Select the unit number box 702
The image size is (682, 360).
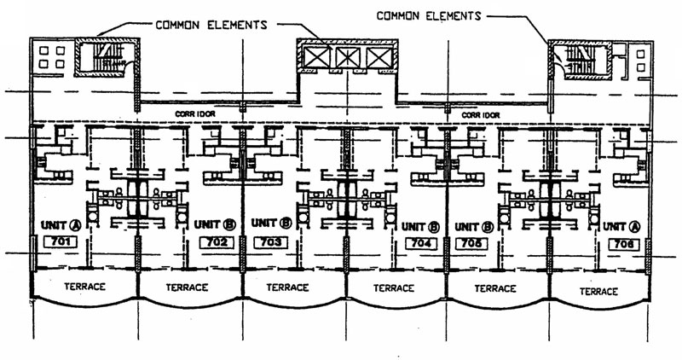point(217,243)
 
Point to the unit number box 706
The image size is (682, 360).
point(623,244)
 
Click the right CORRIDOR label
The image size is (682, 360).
point(479,113)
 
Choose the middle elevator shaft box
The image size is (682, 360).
point(347,57)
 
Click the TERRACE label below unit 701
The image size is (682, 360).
point(84,287)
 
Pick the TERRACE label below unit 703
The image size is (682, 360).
point(292,287)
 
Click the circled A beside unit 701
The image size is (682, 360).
point(73,225)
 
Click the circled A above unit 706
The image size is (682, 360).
point(635,227)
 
